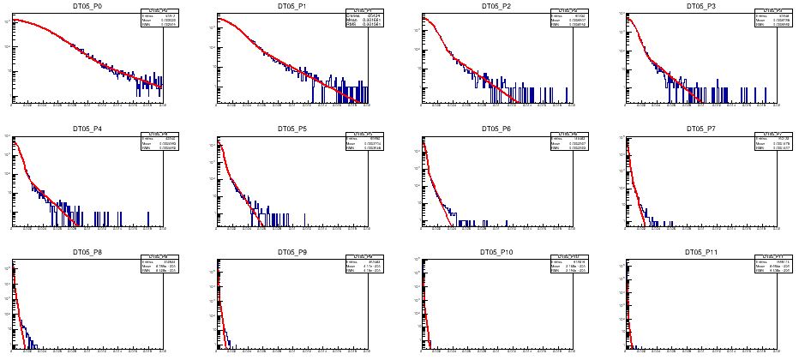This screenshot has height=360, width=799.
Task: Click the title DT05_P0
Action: coord(87,6)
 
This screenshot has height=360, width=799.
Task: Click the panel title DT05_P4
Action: coord(87,129)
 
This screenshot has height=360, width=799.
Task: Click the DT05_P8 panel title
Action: coord(87,253)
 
